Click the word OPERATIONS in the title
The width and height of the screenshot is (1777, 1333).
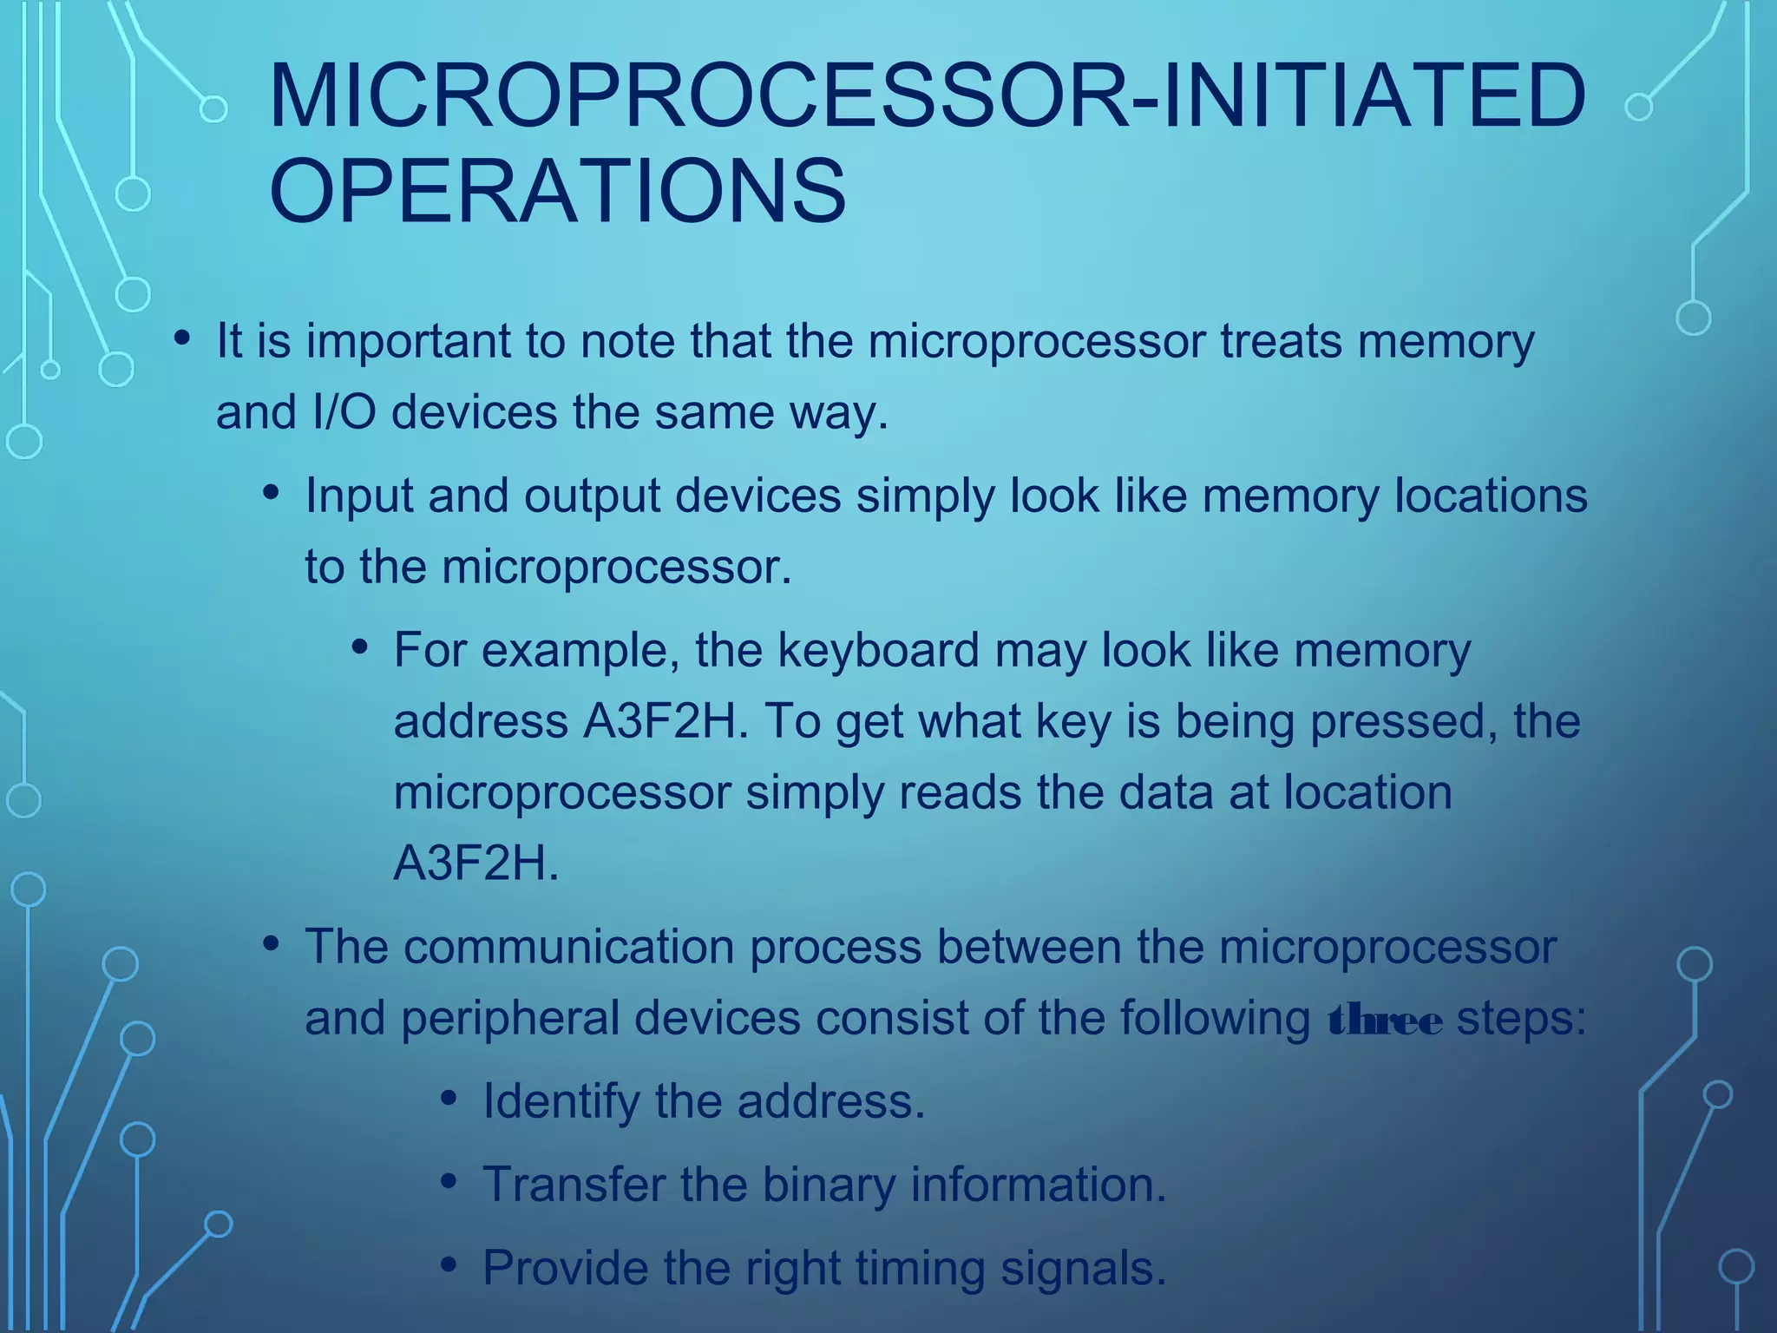click(x=557, y=190)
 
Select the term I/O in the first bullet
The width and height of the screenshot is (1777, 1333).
click(x=344, y=412)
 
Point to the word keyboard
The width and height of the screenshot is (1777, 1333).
click(x=878, y=650)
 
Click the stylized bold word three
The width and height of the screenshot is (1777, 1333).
click(x=1385, y=1021)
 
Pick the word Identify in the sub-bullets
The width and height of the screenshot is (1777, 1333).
click(x=561, y=1101)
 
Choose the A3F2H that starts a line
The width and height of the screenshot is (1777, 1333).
click(x=476, y=863)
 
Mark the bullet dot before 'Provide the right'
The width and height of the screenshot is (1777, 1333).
click(x=449, y=1265)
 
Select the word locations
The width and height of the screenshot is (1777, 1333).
click(x=1491, y=496)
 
